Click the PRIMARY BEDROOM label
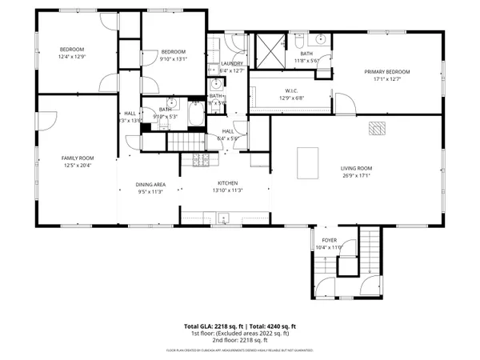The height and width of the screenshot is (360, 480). point(387,71)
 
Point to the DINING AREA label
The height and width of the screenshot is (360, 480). point(150,184)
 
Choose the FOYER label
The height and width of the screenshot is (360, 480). point(329,239)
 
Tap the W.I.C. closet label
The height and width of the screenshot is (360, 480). point(291,90)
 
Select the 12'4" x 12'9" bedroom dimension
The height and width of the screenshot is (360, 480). point(71,57)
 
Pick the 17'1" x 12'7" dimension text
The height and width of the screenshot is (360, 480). point(387,78)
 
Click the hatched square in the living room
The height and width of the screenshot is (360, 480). point(376,127)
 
